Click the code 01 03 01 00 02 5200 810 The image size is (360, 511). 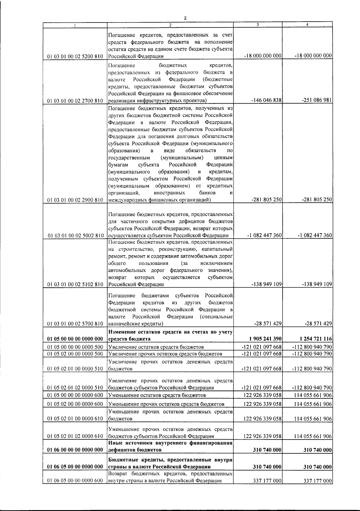click(75, 56)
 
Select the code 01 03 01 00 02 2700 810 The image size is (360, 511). click(75, 101)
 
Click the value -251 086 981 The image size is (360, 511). click(316, 100)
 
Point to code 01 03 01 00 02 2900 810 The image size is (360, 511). click(75, 200)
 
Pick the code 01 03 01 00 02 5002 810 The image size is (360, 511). click(75, 236)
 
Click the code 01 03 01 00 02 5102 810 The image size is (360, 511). click(75, 284)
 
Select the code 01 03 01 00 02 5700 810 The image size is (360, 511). click(75, 324)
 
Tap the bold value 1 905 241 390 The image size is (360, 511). click(263, 339)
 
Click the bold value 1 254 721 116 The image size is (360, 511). click(313, 339)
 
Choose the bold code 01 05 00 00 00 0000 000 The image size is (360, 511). click(75, 339)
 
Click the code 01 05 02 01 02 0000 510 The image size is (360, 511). click(75, 388)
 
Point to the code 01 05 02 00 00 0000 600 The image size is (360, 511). click(75, 404)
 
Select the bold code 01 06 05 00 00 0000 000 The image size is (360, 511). click(75, 475)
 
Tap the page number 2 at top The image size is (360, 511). click(185, 18)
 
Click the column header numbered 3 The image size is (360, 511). click(258, 24)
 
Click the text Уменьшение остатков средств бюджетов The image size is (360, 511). click(157, 395)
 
